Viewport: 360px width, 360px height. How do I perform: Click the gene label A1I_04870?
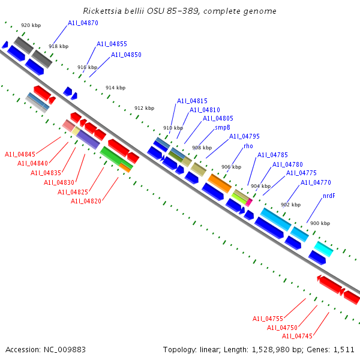(x=83, y=23)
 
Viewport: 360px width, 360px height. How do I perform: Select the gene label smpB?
(x=223, y=127)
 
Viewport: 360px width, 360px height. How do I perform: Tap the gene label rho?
(x=248, y=146)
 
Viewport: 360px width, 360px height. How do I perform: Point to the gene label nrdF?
(x=329, y=196)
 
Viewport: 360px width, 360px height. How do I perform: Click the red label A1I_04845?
(x=20, y=154)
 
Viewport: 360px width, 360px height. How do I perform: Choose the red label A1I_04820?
(x=86, y=201)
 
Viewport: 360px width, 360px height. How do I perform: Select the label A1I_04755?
(x=268, y=319)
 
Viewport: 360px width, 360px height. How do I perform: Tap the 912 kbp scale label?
(x=144, y=108)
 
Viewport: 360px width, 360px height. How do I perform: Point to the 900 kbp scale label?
(x=320, y=223)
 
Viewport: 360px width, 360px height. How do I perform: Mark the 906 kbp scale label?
(x=231, y=167)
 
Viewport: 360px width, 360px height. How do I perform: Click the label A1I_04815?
(x=192, y=101)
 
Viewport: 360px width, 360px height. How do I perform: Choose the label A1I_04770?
(x=316, y=182)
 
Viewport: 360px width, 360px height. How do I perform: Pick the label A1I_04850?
(x=126, y=55)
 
